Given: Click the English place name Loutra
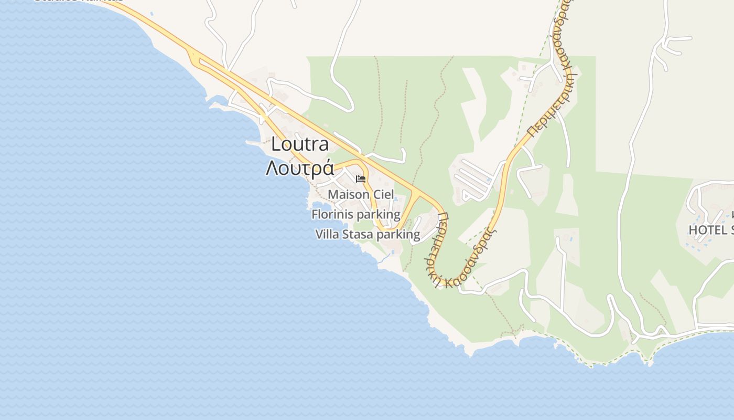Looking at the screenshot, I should pyautogui.click(x=300, y=144).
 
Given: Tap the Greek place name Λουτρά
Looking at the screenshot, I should pyautogui.click(x=300, y=168).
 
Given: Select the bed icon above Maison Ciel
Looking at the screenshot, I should pyautogui.click(x=361, y=179).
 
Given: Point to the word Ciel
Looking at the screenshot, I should pyautogui.click(x=383, y=195).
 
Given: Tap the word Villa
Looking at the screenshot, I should pyautogui.click(x=327, y=235).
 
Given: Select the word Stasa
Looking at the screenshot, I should pyautogui.click(x=358, y=235).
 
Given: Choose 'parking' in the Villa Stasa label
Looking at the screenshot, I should pyautogui.click(x=398, y=235).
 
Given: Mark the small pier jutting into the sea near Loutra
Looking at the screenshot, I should pyautogui.click(x=253, y=142).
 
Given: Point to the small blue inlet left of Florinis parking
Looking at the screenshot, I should pyautogui.click(x=318, y=205).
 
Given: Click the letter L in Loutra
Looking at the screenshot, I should pyautogui.click(x=276, y=144).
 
